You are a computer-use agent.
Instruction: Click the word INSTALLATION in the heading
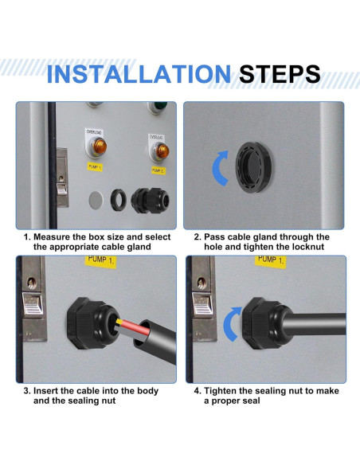tap(139, 74)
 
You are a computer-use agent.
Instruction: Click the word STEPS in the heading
tap(280, 74)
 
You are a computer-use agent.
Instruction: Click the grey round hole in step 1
tap(96, 200)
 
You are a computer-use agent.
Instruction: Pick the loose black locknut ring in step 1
tap(119, 199)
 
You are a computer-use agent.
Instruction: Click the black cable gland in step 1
tap(150, 200)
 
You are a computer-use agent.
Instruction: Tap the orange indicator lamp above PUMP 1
tap(99, 146)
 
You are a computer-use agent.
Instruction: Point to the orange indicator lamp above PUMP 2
tap(162, 151)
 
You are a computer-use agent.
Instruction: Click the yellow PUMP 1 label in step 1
tap(95, 167)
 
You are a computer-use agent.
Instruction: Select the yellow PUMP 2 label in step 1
tap(158, 170)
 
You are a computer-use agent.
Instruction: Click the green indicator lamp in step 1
tap(160, 107)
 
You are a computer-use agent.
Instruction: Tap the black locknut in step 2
tap(253, 166)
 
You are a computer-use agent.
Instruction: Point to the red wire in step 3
tap(133, 326)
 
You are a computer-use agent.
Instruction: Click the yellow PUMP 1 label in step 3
tap(100, 260)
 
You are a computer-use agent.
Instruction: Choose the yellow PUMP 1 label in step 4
tap(271, 261)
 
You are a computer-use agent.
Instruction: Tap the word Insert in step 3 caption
tap(45, 391)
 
